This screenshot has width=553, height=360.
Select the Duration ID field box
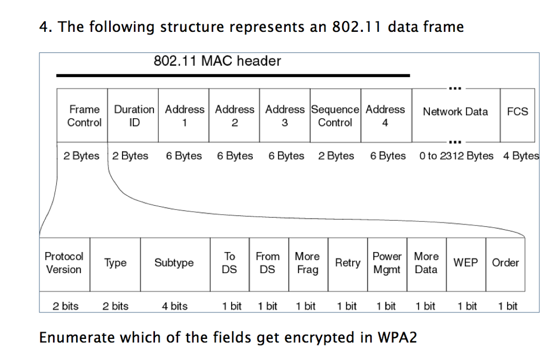[x=133, y=116]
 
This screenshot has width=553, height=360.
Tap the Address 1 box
[x=184, y=116]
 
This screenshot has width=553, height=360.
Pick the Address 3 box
[x=285, y=116]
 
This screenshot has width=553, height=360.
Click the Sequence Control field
[x=335, y=116]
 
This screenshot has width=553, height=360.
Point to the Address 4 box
[x=386, y=116]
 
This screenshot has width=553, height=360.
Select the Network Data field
[x=455, y=112]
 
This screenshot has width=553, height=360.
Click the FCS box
[x=517, y=112]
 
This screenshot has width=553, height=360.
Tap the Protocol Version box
[x=64, y=263]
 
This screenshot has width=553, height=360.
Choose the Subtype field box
[x=174, y=263]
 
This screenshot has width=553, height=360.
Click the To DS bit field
[x=230, y=263]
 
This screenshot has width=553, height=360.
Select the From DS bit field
[x=268, y=263]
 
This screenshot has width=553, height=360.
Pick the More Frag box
[x=307, y=263]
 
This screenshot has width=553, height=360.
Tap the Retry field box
[x=348, y=263]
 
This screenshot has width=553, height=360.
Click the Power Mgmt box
[x=387, y=263]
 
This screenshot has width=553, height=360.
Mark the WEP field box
[x=466, y=263]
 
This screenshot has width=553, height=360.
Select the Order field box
[x=505, y=263]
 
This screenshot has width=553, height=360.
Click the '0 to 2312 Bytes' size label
[x=456, y=156]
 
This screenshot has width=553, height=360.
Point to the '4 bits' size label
[x=174, y=307]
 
